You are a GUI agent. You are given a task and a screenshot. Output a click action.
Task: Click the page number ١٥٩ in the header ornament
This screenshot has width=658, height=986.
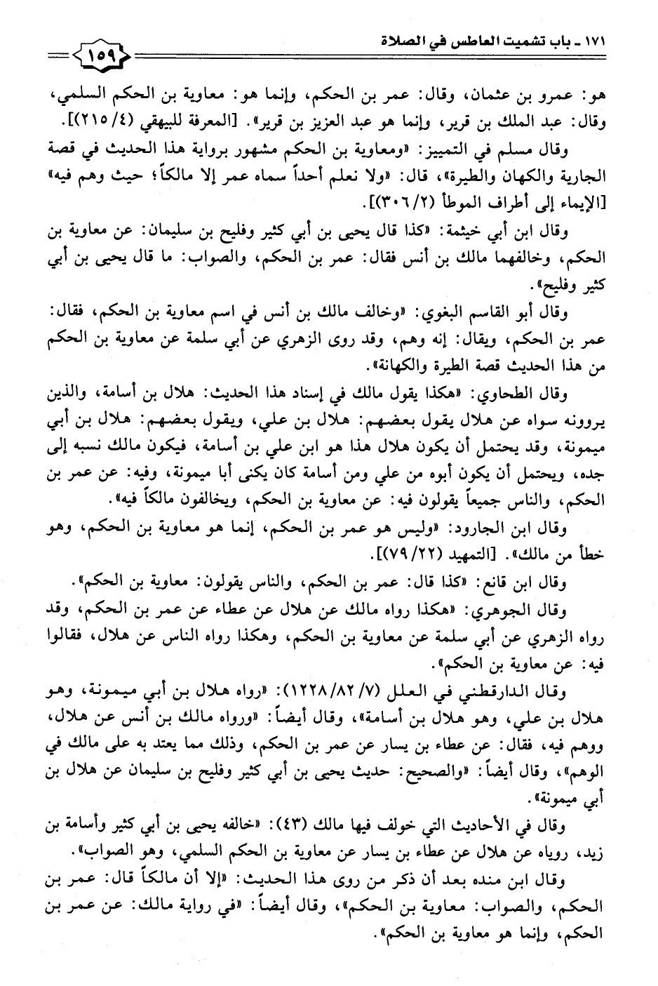(x=104, y=53)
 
